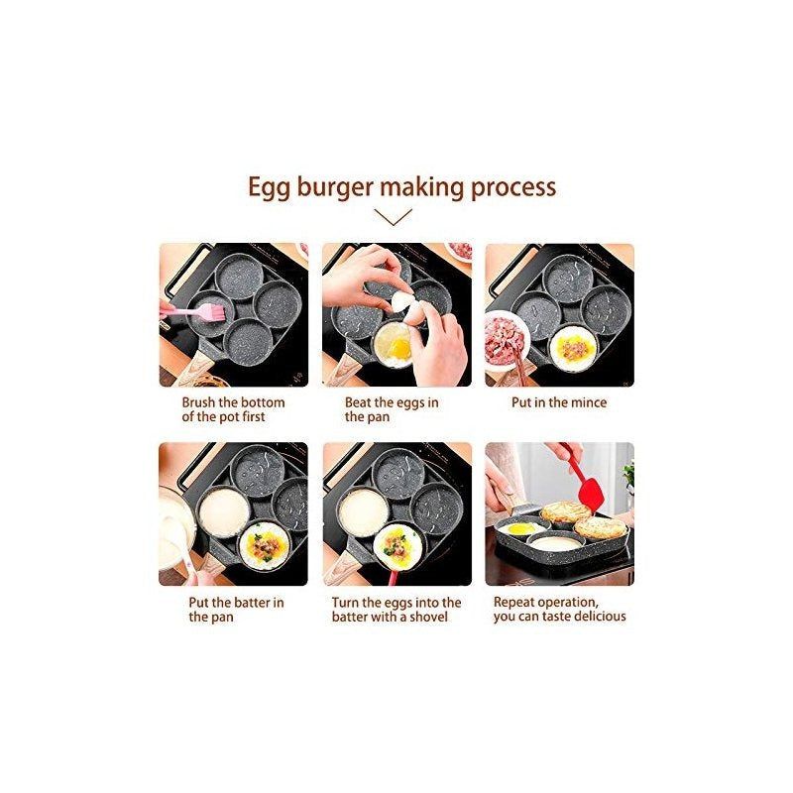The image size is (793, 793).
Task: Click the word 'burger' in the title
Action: pyautogui.click(x=335, y=187)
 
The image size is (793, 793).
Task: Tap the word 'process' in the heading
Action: pyautogui.click(x=513, y=188)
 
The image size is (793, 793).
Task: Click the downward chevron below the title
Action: pyautogui.click(x=394, y=217)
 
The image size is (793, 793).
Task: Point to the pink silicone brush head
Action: pyautogui.click(x=213, y=311)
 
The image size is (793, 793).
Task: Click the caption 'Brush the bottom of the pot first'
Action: pyautogui.click(x=233, y=409)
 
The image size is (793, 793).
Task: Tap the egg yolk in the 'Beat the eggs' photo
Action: pyautogui.click(x=400, y=348)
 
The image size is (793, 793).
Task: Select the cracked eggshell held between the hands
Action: pyautogui.click(x=408, y=307)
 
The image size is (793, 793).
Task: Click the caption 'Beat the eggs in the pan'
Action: pyautogui.click(x=392, y=409)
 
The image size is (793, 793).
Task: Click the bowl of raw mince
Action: pyautogui.click(x=505, y=342)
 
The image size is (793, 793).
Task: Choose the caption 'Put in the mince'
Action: pyautogui.click(x=559, y=402)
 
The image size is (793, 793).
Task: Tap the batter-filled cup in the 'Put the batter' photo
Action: pyautogui.click(x=224, y=512)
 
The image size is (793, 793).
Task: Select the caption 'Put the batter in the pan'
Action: pyautogui.click(x=236, y=610)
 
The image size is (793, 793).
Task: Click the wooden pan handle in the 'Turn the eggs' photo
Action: pyautogui.click(x=340, y=569)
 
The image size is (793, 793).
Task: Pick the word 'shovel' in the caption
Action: pyautogui.click(x=429, y=617)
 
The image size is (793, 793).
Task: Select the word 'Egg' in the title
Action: pyautogui.click(x=269, y=188)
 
